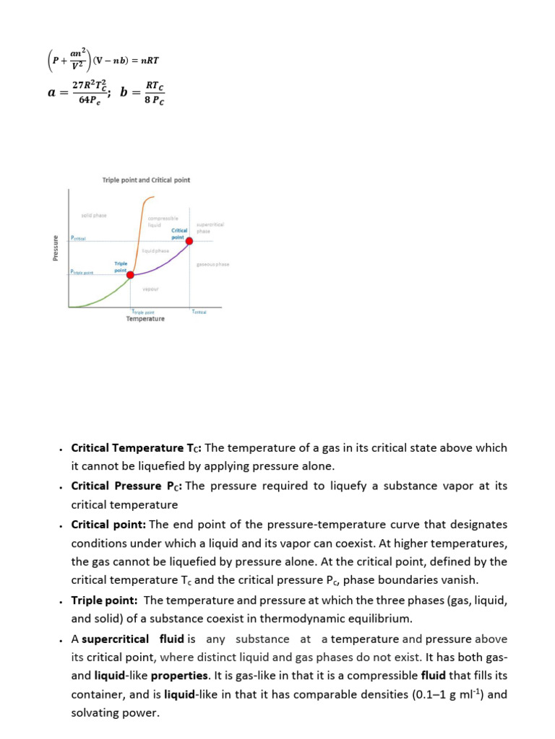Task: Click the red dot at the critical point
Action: pyautogui.click(x=190, y=242)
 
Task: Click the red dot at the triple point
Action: pyautogui.click(x=131, y=274)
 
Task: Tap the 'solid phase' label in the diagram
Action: pyautogui.click(x=93, y=215)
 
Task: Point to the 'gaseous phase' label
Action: pyautogui.click(x=212, y=264)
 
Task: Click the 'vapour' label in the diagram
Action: pyautogui.click(x=150, y=289)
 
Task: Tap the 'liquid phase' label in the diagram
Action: pyautogui.click(x=155, y=250)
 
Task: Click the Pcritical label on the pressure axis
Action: pyautogui.click(x=78, y=238)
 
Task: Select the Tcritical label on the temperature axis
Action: pyautogui.click(x=199, y=311)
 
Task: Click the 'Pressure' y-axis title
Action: pyautogui.click(x=54, y=248)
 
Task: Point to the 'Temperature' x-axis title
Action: pyautogui.click(x=145, y=318)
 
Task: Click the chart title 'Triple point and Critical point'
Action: pyautogui.click(x=147, y=180)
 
